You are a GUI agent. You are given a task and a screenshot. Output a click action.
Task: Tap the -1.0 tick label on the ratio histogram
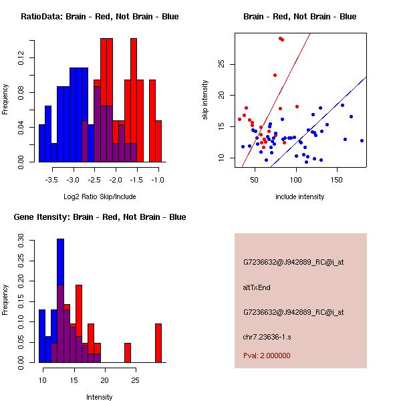[x=158, y=180]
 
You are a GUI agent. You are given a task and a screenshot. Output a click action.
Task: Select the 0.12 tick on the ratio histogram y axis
[x=22, y=59]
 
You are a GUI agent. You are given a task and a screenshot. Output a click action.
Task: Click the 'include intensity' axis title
[x=300, y=196]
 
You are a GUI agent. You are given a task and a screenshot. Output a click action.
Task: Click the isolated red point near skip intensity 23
[x=275, y=75]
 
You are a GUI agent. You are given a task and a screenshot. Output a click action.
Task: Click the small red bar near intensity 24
[x=127, y=352]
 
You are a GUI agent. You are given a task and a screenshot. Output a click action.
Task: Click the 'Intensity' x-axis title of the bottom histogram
[x=100, y=397]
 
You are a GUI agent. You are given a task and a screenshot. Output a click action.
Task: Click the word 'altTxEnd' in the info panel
[x=257, y=287]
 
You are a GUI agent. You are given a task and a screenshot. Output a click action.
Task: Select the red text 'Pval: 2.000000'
[x=267, y=356]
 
